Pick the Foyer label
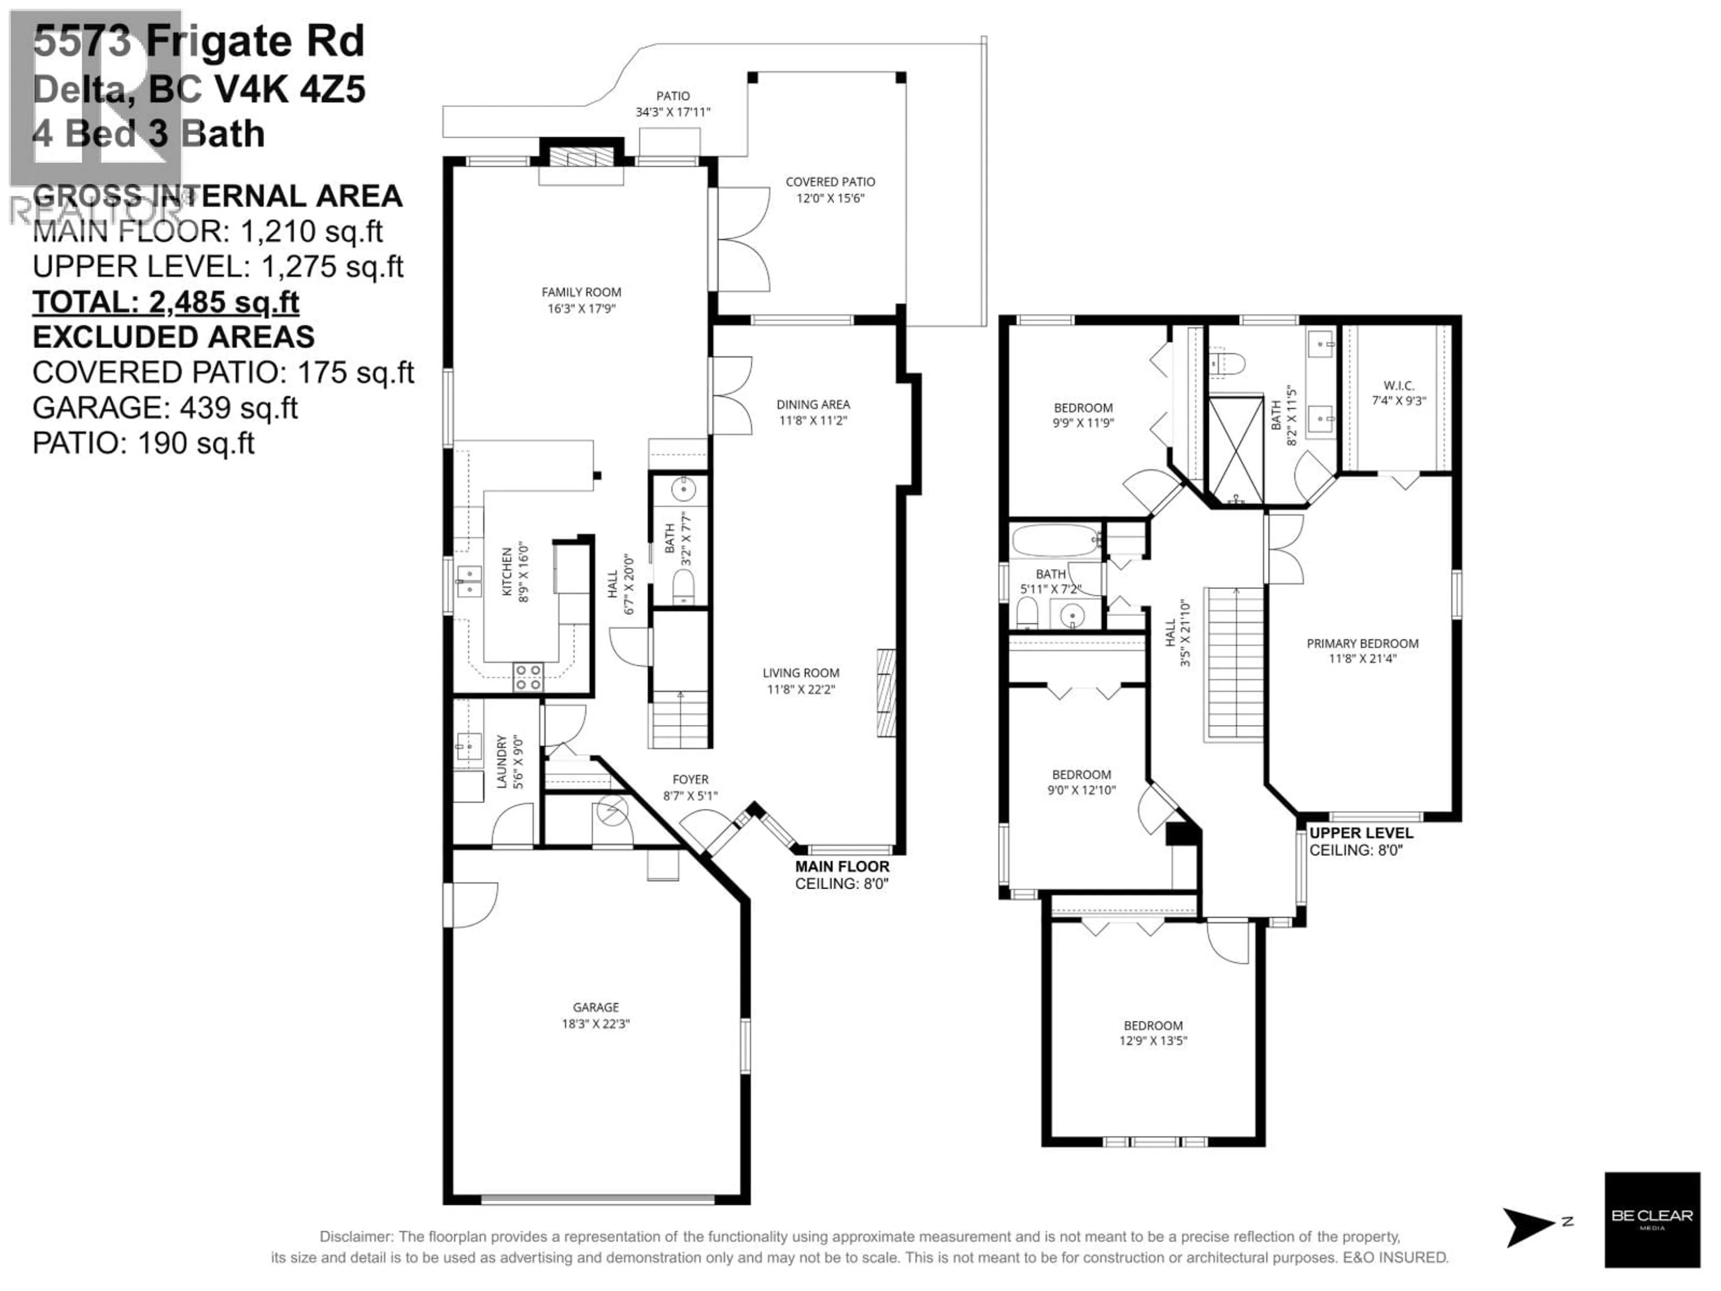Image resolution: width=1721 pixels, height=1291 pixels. tap(690, 780)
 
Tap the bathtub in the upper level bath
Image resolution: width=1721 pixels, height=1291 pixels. tap(1054, 538)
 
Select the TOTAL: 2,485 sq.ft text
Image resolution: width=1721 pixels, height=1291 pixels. tap(166, 302)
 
